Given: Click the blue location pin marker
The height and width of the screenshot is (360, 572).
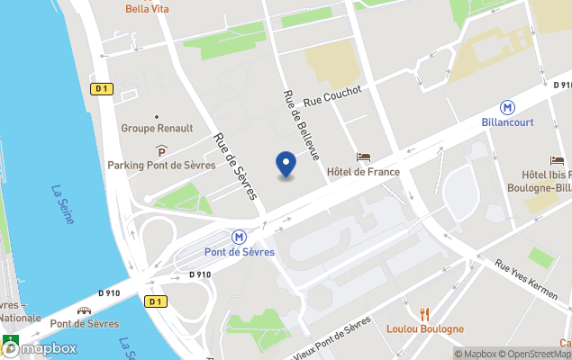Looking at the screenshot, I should click(x=286, y=165).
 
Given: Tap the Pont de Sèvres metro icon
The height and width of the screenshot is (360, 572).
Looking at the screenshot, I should click(x=240, y=237).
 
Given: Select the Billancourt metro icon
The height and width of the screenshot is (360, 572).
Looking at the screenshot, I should click(x=510, y=105).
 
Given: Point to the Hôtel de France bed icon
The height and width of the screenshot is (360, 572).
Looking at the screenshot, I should click(x=363, y=157).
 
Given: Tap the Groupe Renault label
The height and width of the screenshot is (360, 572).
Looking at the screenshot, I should click(x=157, y=129).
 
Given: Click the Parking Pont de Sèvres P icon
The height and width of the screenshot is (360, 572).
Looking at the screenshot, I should click(x=161, y=150).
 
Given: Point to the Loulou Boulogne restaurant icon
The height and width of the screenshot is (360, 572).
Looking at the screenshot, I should click(x=426, y=313).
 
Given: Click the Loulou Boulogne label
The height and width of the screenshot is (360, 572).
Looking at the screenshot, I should click(x=426, y=329).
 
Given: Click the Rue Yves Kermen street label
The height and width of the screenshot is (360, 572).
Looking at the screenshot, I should click(x=531, y=278).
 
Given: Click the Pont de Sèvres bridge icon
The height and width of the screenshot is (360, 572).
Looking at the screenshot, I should click(x=84, y=309).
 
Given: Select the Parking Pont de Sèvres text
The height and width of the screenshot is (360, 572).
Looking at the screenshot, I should click(x=161, y=165).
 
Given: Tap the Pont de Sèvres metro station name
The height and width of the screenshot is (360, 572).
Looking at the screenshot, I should click(x=240, y=252).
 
